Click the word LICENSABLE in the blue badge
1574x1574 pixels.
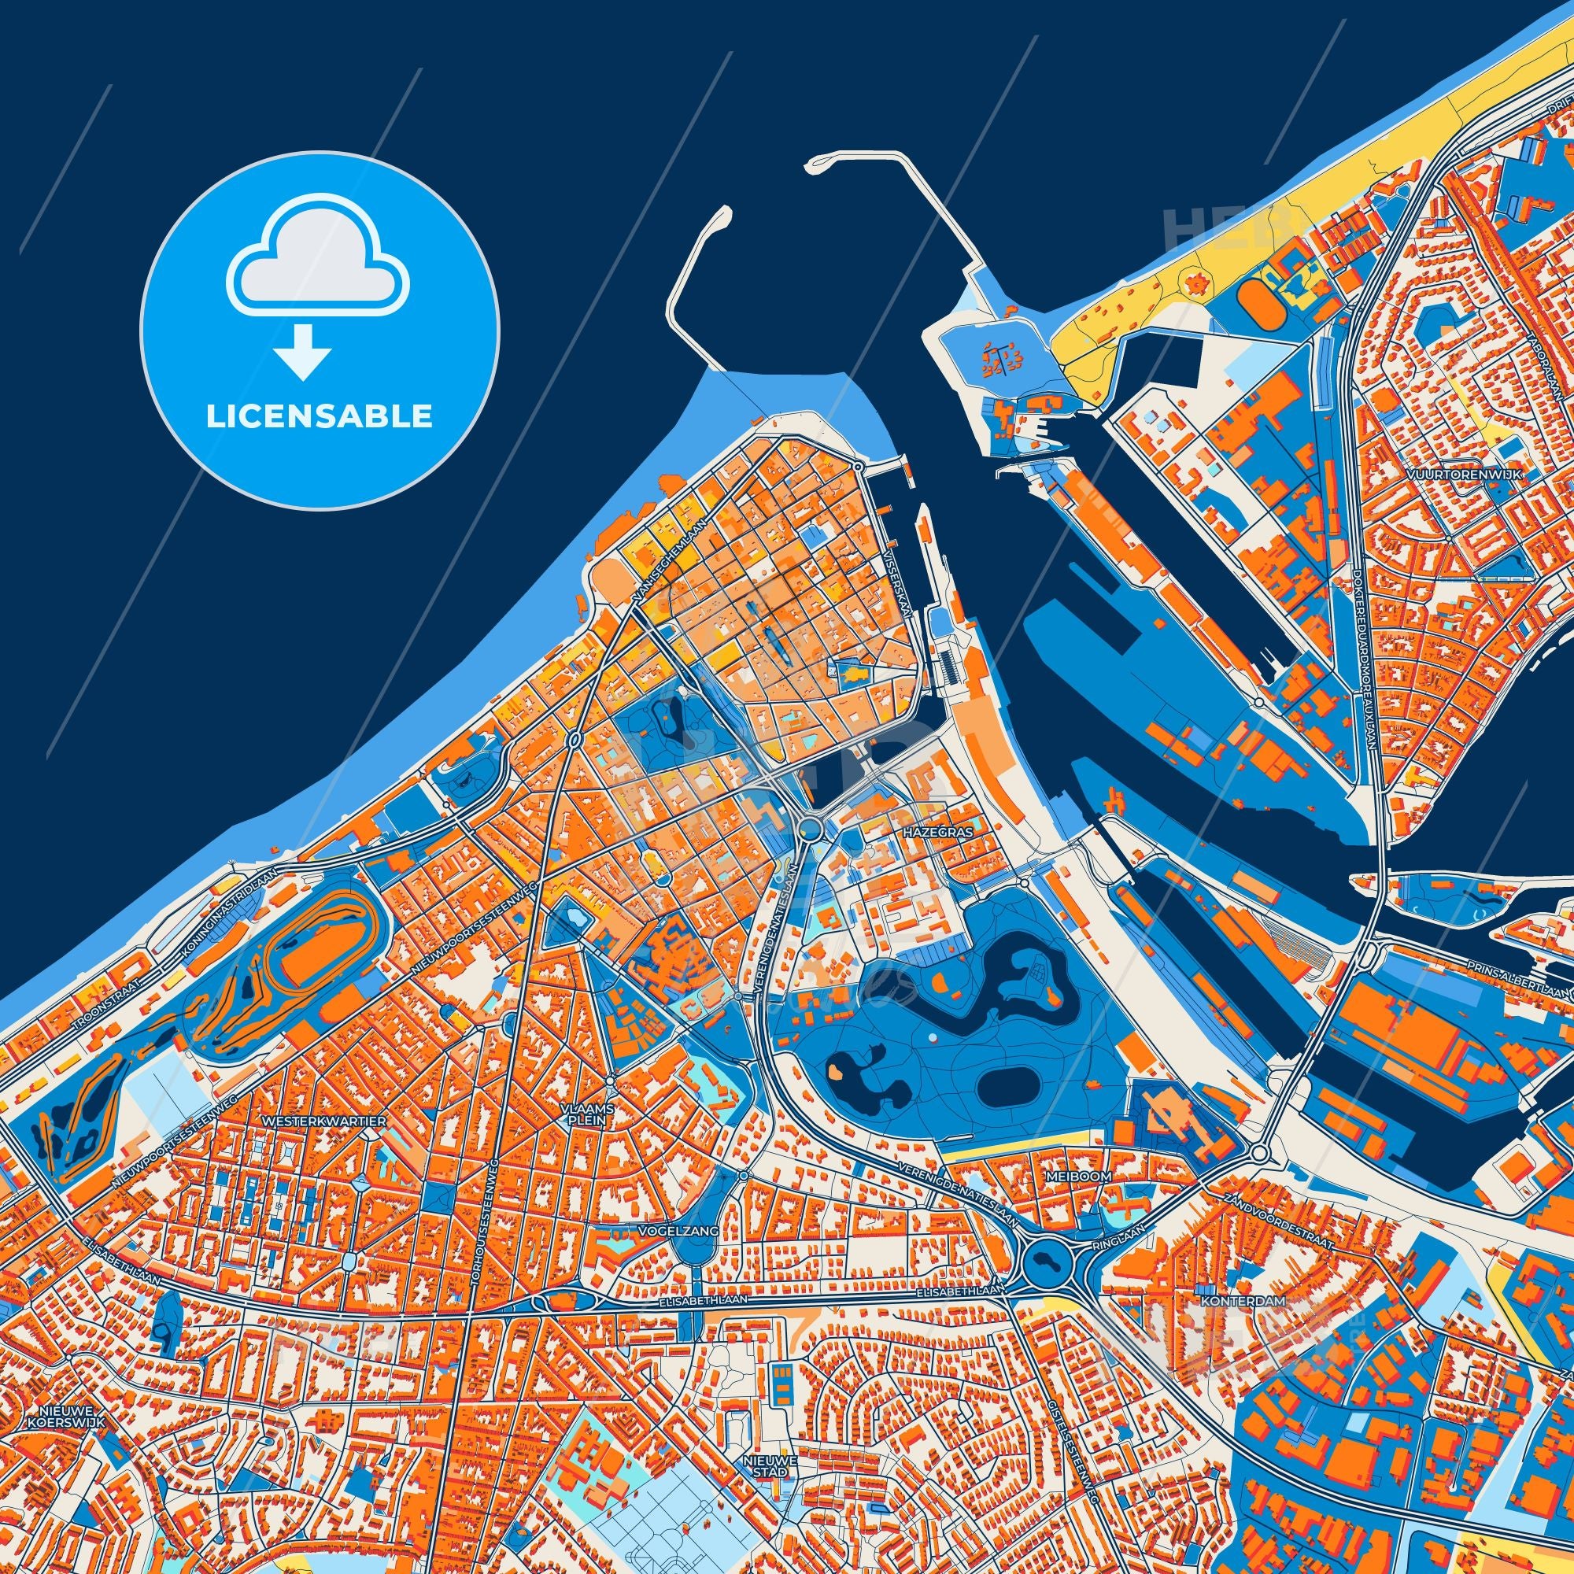point(319,416)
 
